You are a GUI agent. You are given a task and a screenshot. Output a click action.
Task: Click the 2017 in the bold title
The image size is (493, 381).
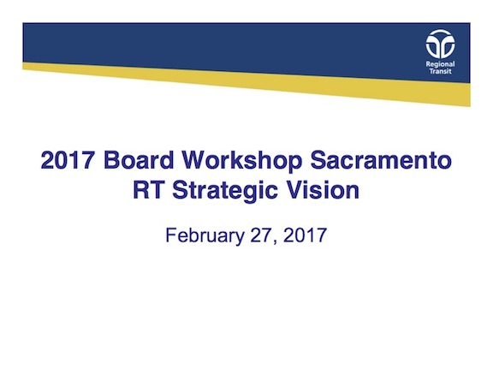coord(69,160)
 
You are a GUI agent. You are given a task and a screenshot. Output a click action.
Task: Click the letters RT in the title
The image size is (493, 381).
coord(148,190)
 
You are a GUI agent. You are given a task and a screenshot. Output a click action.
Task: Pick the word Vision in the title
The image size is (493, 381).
coord(321,190)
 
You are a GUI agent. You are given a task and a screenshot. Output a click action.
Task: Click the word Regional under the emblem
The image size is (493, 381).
coord(442,63)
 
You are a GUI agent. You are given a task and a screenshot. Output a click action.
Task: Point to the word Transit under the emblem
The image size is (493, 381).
coord(442,72)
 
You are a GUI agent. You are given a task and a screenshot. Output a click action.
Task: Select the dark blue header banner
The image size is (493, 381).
coord(214,43)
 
